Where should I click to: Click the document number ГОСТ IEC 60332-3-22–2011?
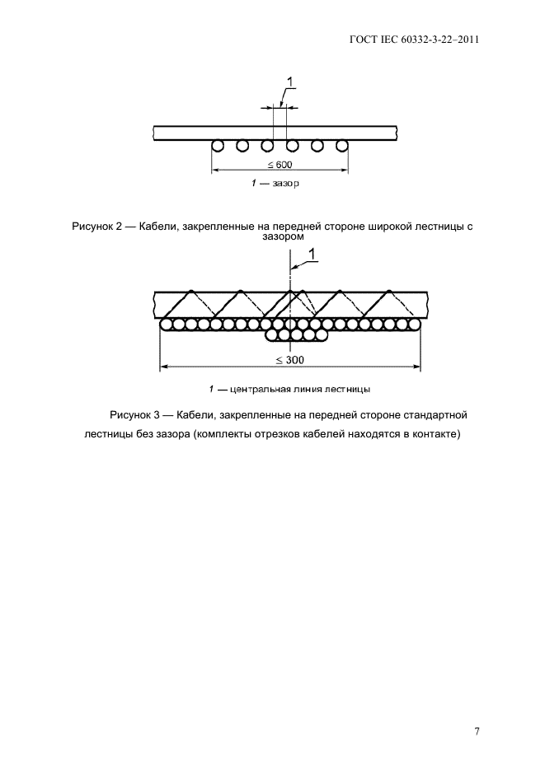pyautogui.click(x=414, y=40)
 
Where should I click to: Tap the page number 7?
pyautogui.click(x=477, y=731)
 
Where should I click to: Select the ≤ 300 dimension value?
pyautogui.click(x=290, y=360)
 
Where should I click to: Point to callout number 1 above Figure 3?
pyautogui.click(x=312, y=253)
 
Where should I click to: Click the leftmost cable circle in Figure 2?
pyautogui.click(x=217, y=146)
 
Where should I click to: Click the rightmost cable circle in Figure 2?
pyautogui.click(x=342, y=146)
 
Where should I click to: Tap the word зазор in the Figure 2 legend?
pyautogui.click(x=286, y=184)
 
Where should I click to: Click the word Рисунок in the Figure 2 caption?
pyautogui.click(x=91, y=227)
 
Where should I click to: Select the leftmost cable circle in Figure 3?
pyautogui.click(x=166, y=324)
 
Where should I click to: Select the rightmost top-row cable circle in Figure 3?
pyautogui.click(x=415, y=324)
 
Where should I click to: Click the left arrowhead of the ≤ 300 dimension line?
pyautogui.click(x=165, y=367)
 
